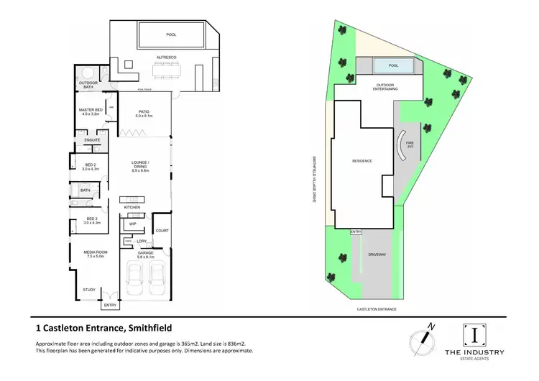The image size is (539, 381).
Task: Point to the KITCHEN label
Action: point(132,207)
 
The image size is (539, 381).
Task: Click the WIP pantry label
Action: point(132,224)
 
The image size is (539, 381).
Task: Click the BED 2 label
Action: point(91,167)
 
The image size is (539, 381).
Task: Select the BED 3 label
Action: point(91,219)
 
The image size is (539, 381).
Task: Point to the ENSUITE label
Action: point(92,139)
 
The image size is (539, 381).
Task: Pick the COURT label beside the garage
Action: point(162,231)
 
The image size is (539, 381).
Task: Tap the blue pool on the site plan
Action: point(392,66)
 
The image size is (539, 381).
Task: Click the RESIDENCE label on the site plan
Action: point(361,161)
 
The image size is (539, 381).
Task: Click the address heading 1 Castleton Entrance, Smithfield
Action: point(103,328)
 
